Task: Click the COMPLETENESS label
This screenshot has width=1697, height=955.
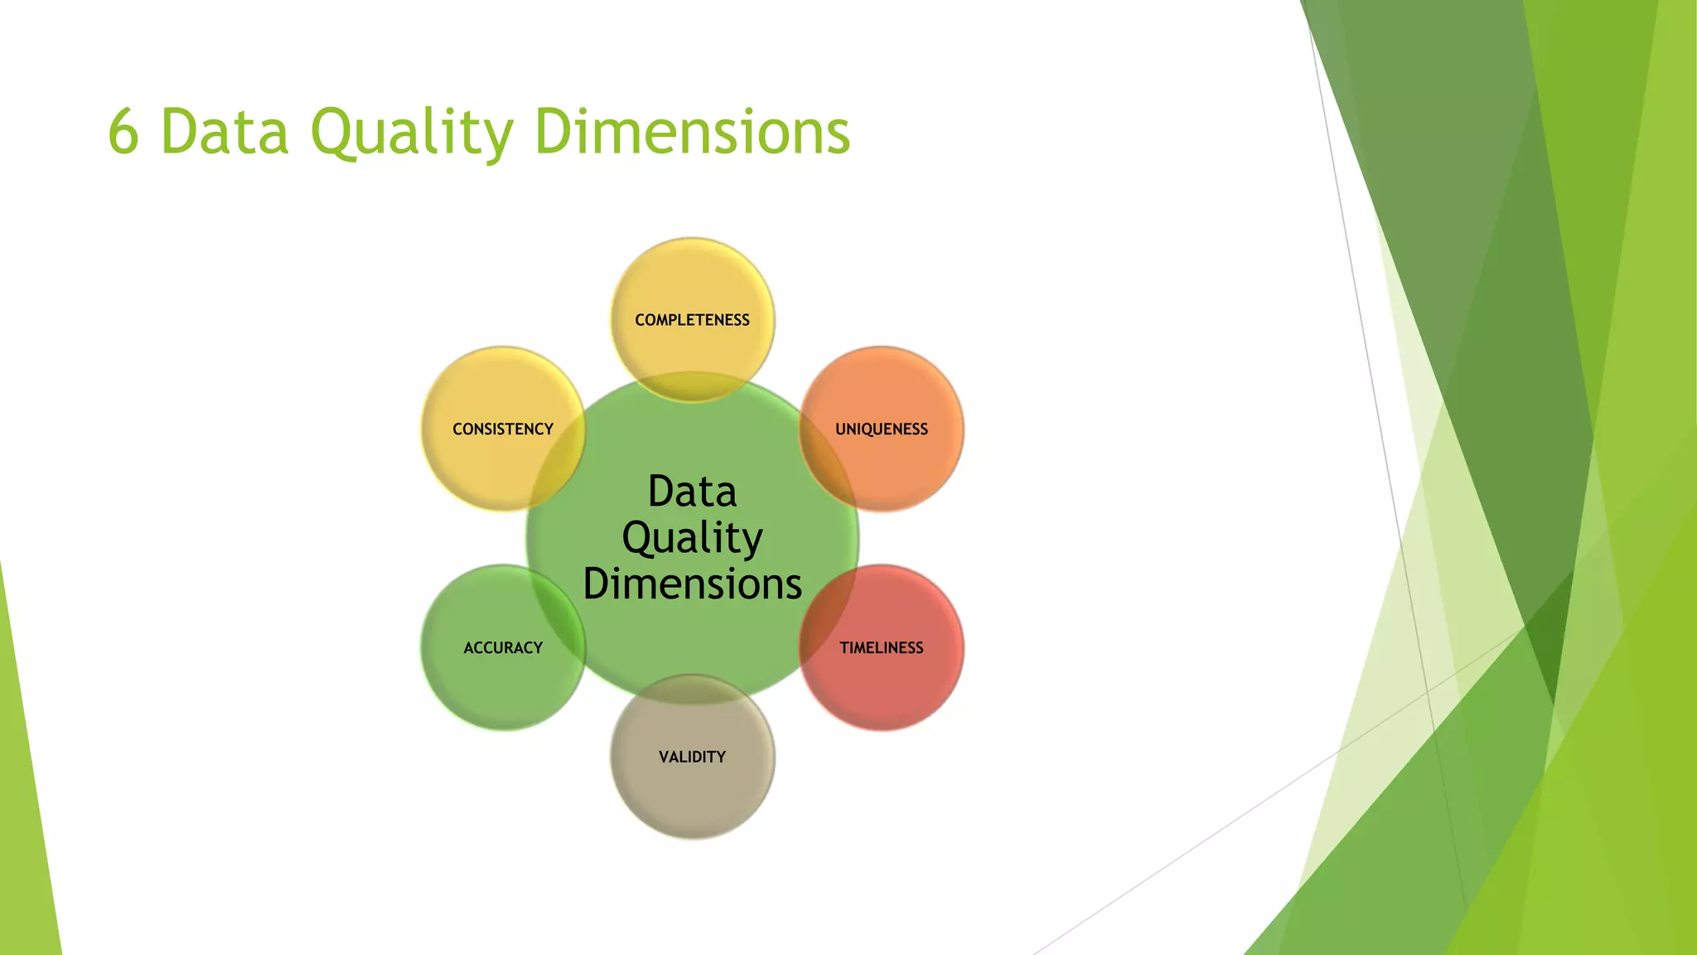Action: pos(692,320)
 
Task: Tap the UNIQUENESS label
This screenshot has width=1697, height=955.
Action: pos(881,429)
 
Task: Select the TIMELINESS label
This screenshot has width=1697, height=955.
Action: pos(881,647)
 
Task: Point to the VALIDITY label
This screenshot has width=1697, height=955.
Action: pos(692,757)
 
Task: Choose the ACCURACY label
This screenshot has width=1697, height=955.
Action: pos(503,647)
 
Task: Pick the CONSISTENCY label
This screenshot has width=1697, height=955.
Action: pos(503,429)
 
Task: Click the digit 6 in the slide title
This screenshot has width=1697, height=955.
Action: pos(123,133)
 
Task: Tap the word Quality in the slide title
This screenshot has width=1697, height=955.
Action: pos(412,133)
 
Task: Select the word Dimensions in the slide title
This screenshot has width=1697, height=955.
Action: pos(692,133)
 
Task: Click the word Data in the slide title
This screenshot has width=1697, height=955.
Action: pos(224,133)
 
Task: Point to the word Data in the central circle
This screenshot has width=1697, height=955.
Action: pos(692,492)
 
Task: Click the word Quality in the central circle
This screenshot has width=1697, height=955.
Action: pos(692,539)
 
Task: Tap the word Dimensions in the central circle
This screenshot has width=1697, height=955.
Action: pos(692,584)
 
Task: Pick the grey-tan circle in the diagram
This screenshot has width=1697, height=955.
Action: pos(692,796)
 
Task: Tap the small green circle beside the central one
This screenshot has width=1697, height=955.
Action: pos(489,688)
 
